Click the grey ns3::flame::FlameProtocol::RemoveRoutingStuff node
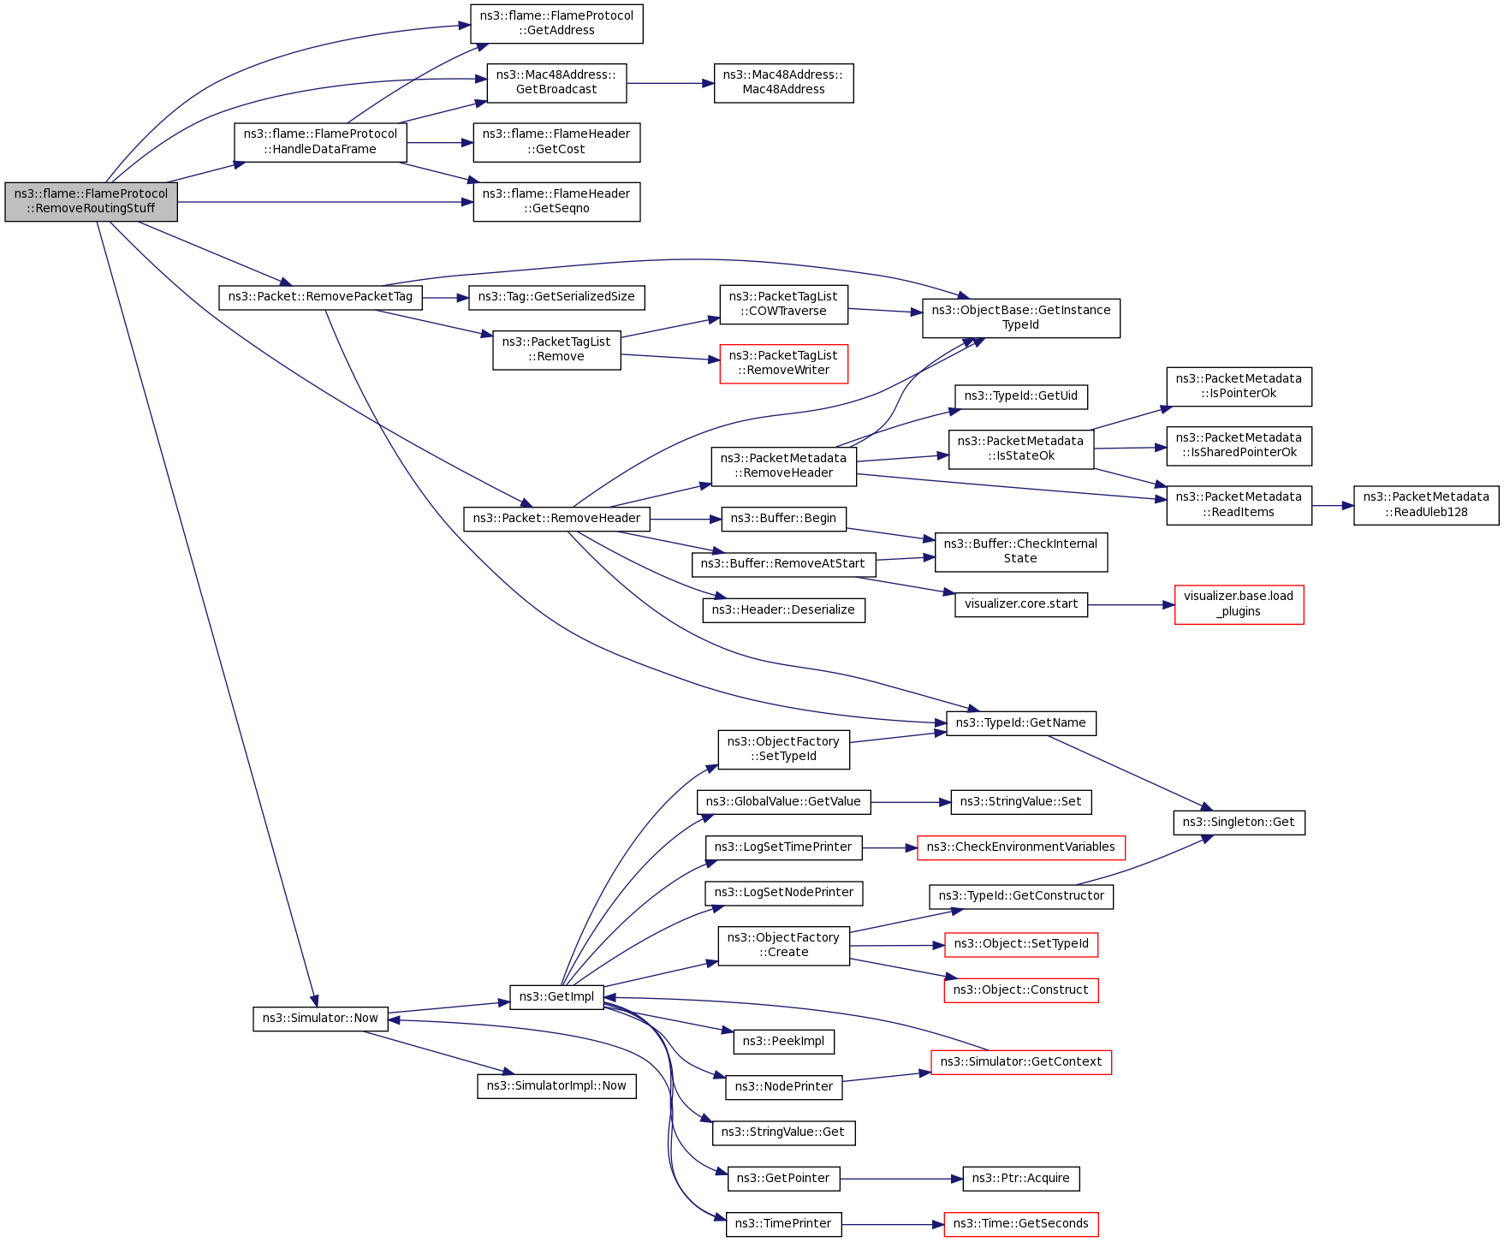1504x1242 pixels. pyautogui.click(x=91, y=202)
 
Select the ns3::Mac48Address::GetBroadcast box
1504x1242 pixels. pyautogui.click(x=556, y=83)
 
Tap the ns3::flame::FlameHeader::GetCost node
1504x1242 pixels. pyautogui.click(x=556, y=142)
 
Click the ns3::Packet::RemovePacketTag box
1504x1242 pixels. pyautogui.click(x=320, y=297)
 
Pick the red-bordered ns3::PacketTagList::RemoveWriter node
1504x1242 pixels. pyautogui.click(x=783, y=364)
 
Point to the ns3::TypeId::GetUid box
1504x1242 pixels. pyautogui.click(x=1020, y=396)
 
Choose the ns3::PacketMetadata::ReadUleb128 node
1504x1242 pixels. pyautogui.click(x=1425, y=505)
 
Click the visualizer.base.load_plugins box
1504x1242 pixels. pyautogui.click(x=1239, y=604)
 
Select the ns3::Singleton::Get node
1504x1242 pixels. pyautogui.click(x=1238, y=823)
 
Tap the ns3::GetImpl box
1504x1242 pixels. pyautogui.click(x=556, y=997)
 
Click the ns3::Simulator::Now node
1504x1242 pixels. pyautogui.click(x=320, y=1019)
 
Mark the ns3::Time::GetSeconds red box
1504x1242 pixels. pyautogui.click(x=1020, y=1224)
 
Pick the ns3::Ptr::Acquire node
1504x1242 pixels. pyautogui.click(x=1020, y=1179)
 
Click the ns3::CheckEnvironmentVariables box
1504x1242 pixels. pyautogui.click(x=1020, y=847)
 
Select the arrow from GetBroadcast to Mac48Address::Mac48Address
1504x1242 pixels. pyautogui.click(x=670, y=83)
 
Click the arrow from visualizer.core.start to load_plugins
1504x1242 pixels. pyautogui.click(x=1131, y=604)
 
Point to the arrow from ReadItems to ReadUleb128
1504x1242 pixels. pyautogui.click(x=1332, y=506)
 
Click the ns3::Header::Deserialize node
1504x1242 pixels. pyautogui.click(x=783, y=610)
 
